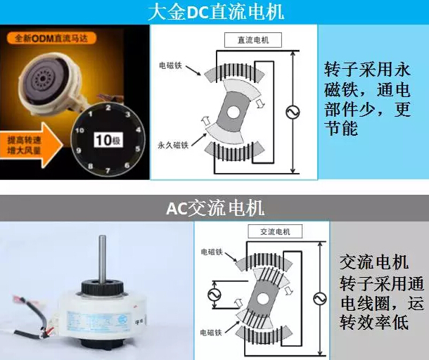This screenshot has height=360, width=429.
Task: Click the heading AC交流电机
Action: pyautogui.click(x=215, y=209)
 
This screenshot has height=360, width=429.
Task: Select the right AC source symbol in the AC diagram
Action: pyautogui.click(x=319, y=299)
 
